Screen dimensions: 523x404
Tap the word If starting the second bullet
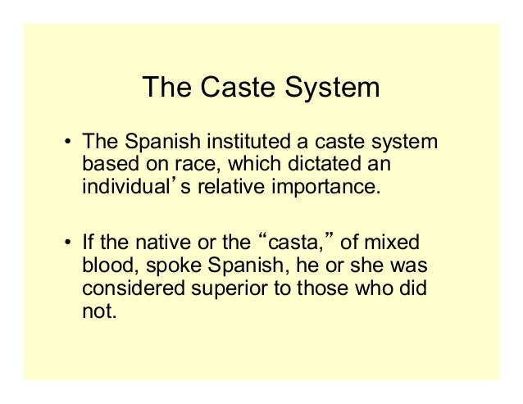(x=86, y=243)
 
